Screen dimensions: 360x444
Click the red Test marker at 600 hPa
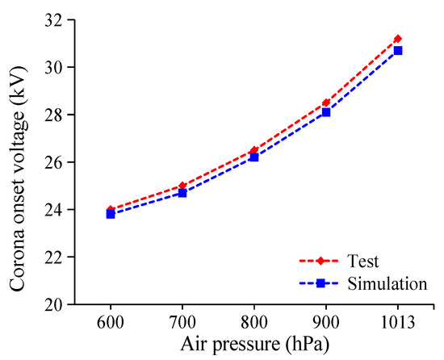point(110,210)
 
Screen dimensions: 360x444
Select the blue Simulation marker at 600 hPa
point(110,215)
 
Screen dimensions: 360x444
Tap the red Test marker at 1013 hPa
point(397,39)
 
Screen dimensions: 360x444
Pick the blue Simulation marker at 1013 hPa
point(397,50)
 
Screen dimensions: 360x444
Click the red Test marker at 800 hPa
point(253,150)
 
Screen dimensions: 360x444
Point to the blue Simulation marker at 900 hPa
point(325,112)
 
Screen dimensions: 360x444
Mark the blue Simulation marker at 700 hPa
point(182,193)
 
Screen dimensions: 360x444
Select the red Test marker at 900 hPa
point(325,103)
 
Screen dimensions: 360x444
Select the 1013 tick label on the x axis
point(397,322)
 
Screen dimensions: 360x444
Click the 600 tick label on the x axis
point(110,322)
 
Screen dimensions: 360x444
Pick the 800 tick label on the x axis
point(253,322)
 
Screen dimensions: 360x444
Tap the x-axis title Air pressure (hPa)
point(253,344)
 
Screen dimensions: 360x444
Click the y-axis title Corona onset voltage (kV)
point(18,161)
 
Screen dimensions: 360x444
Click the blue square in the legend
point(320,283)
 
